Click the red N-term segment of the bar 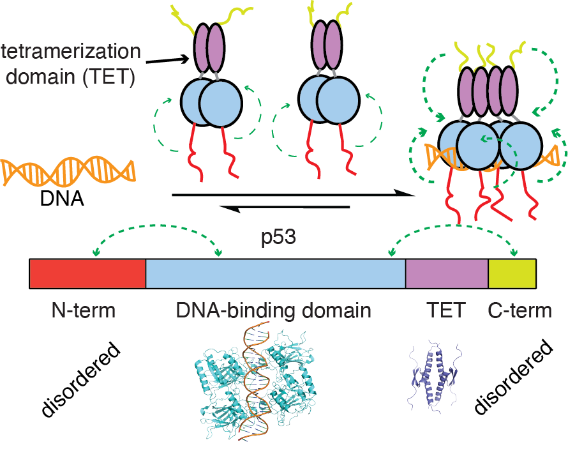pyautogui.click(x=87, y=273)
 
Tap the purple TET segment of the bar pyautogui.click(x=447, y=273)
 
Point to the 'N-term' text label pyautogui.click(x=84, y=311)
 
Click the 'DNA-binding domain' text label pyautogui.click(x=274, y=311)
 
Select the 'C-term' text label pyautogui.click(x=519, y=311)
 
